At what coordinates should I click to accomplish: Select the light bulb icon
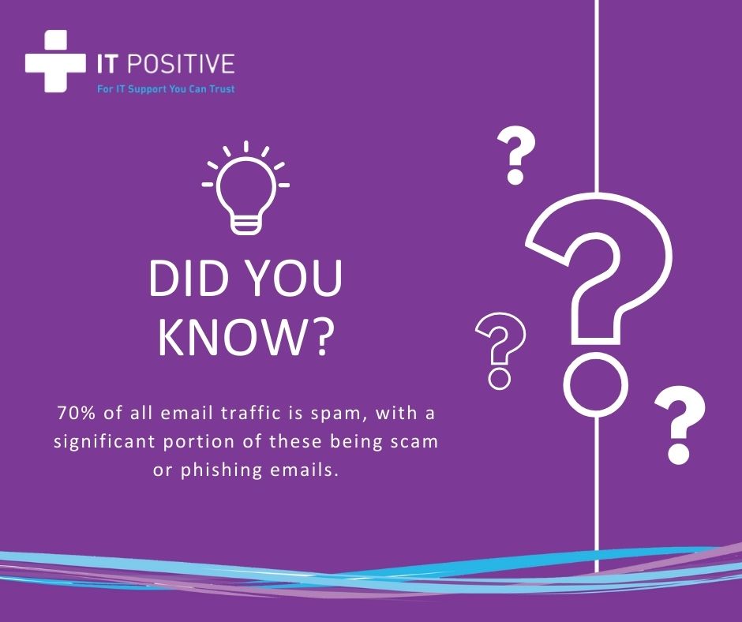pos(245,190)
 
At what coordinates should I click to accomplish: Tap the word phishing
pos(221,470)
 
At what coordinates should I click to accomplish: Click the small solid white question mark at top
pos(517,156)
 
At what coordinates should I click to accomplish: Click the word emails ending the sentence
pos(305,470)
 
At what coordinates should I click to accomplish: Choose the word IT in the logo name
pos(109,65)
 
